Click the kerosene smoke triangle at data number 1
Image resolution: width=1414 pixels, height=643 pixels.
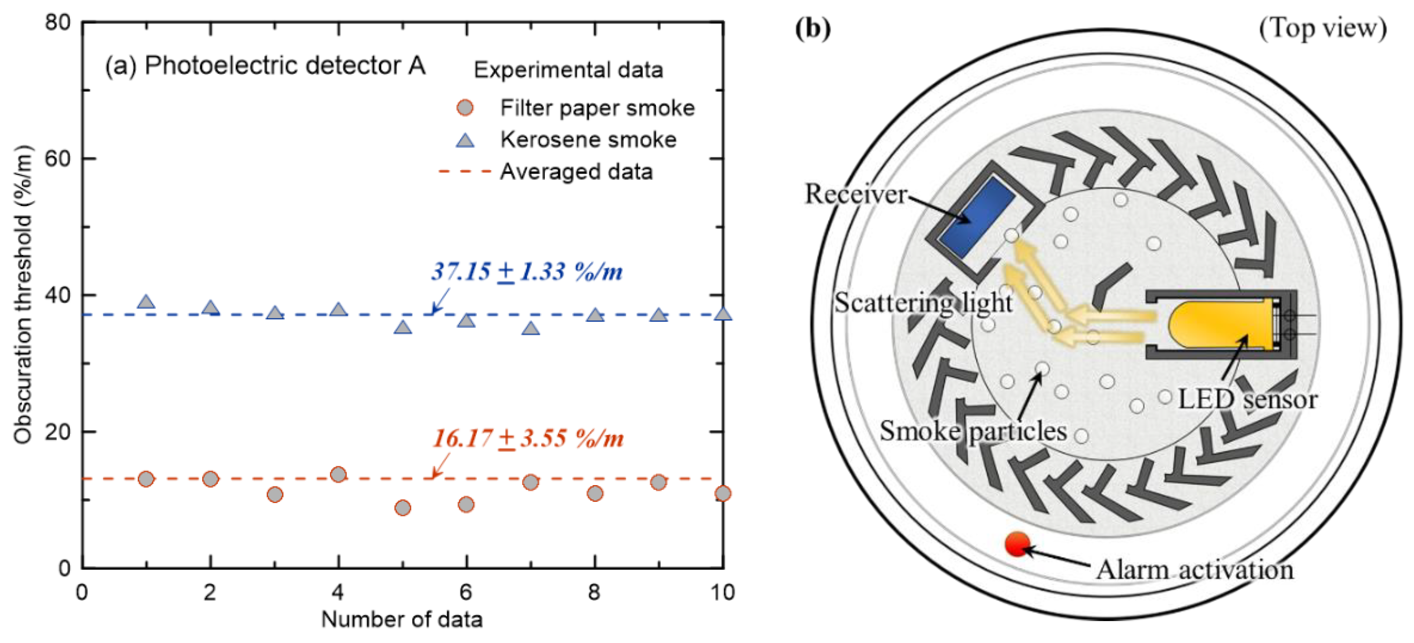(x=146, y=302)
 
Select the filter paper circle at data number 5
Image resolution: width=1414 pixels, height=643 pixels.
(x=402, y=507)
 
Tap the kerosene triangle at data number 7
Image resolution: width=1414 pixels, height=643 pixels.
(x=530, y=329)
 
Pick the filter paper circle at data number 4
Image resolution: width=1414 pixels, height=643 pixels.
(x=338, y=474)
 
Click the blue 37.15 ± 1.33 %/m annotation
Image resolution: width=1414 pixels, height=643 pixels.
(x=526, y=271)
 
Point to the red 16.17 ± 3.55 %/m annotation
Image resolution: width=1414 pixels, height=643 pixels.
(x=528, y=438)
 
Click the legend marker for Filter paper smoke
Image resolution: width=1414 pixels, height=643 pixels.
(x=465, y=108)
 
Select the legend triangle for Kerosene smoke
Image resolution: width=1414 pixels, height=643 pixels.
(x=465, y=140)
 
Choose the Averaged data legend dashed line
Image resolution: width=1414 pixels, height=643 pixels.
(x=464, y=172)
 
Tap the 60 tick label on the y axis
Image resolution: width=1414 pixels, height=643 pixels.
(x=57, y=158)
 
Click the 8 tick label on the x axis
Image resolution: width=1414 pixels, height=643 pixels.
(x=594, y=593)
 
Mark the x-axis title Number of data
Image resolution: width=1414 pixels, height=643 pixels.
(x=402, y=619)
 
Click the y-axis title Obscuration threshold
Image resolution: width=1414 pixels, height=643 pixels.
(x=23, y=295)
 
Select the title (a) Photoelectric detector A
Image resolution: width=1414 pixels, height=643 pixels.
(x=265, y=66)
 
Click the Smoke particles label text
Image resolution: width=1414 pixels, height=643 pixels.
(x=973, y=431)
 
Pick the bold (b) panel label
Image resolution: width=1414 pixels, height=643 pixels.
(x=813, y=28)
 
